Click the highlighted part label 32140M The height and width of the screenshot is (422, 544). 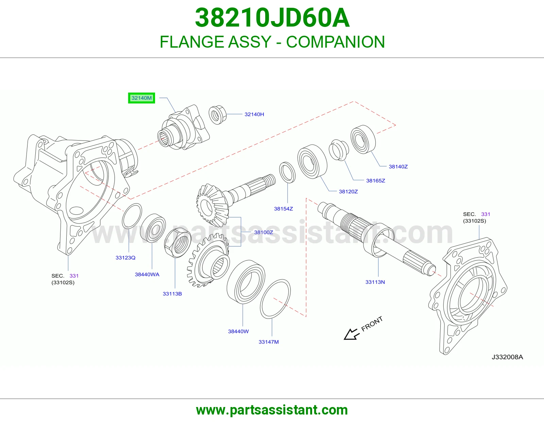[141, 98]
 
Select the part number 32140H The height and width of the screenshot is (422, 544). [254, 114]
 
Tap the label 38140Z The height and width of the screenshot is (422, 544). [398, 166]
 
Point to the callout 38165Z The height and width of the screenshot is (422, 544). [375, 180]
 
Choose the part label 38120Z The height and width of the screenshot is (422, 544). [348, 192]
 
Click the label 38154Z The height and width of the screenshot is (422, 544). [284, 209]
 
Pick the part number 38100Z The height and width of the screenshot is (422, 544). [263, 232]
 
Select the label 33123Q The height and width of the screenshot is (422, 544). [125, 257]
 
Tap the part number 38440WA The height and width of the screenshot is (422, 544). [147, 274]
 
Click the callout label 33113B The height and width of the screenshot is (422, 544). [172, 293]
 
